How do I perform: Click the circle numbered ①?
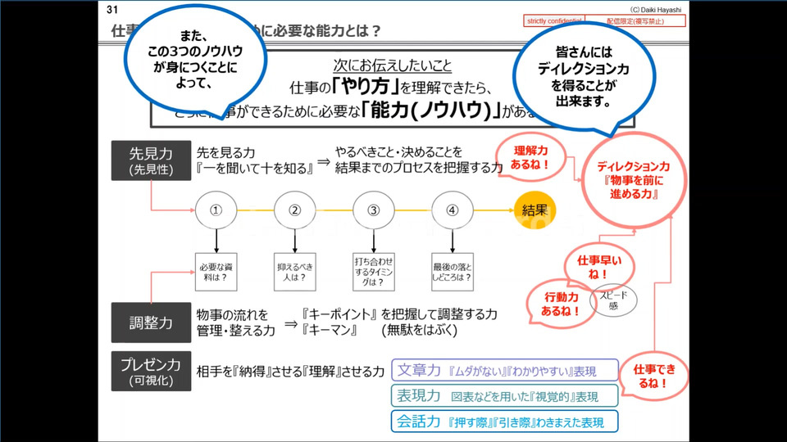coord(216,210)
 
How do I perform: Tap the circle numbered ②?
coord(295,210)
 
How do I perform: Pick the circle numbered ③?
coord(374,210)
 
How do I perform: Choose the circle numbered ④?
coord(452,210)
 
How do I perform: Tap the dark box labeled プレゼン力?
coord(151,371)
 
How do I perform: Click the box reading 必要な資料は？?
coord(216,271)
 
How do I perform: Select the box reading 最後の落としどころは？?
coord(452,271)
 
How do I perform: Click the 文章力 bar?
coord(504,371)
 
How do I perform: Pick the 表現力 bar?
coord(504,396)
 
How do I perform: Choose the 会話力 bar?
coord(504,422)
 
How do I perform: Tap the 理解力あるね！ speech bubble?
coord(530,157)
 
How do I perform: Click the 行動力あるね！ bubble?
coord(562,303)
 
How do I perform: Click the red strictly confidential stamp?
coord(553,20)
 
